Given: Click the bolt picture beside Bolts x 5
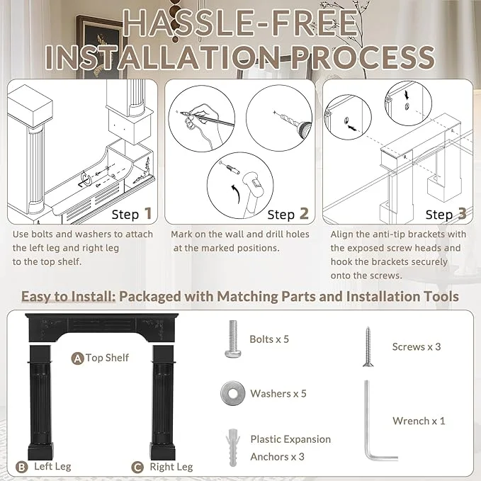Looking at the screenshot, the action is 233,339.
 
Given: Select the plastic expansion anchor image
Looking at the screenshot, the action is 233,448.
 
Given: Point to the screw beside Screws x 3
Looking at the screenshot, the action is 368,346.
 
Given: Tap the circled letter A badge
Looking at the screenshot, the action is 78,358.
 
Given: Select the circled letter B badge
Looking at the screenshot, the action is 21,468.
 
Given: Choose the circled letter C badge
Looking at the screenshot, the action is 137,468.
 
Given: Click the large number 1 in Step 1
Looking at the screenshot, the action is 148,213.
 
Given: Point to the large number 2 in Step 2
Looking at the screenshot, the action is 304,213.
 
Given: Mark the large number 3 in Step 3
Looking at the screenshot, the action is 462,213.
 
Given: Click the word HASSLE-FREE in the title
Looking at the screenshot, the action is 241,23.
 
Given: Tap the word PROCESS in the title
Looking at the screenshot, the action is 363,57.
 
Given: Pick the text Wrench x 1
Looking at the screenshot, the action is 419,421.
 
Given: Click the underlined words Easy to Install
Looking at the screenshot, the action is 68,297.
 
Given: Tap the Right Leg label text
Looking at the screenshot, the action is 171,468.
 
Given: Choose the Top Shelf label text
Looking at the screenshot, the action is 107,358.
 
